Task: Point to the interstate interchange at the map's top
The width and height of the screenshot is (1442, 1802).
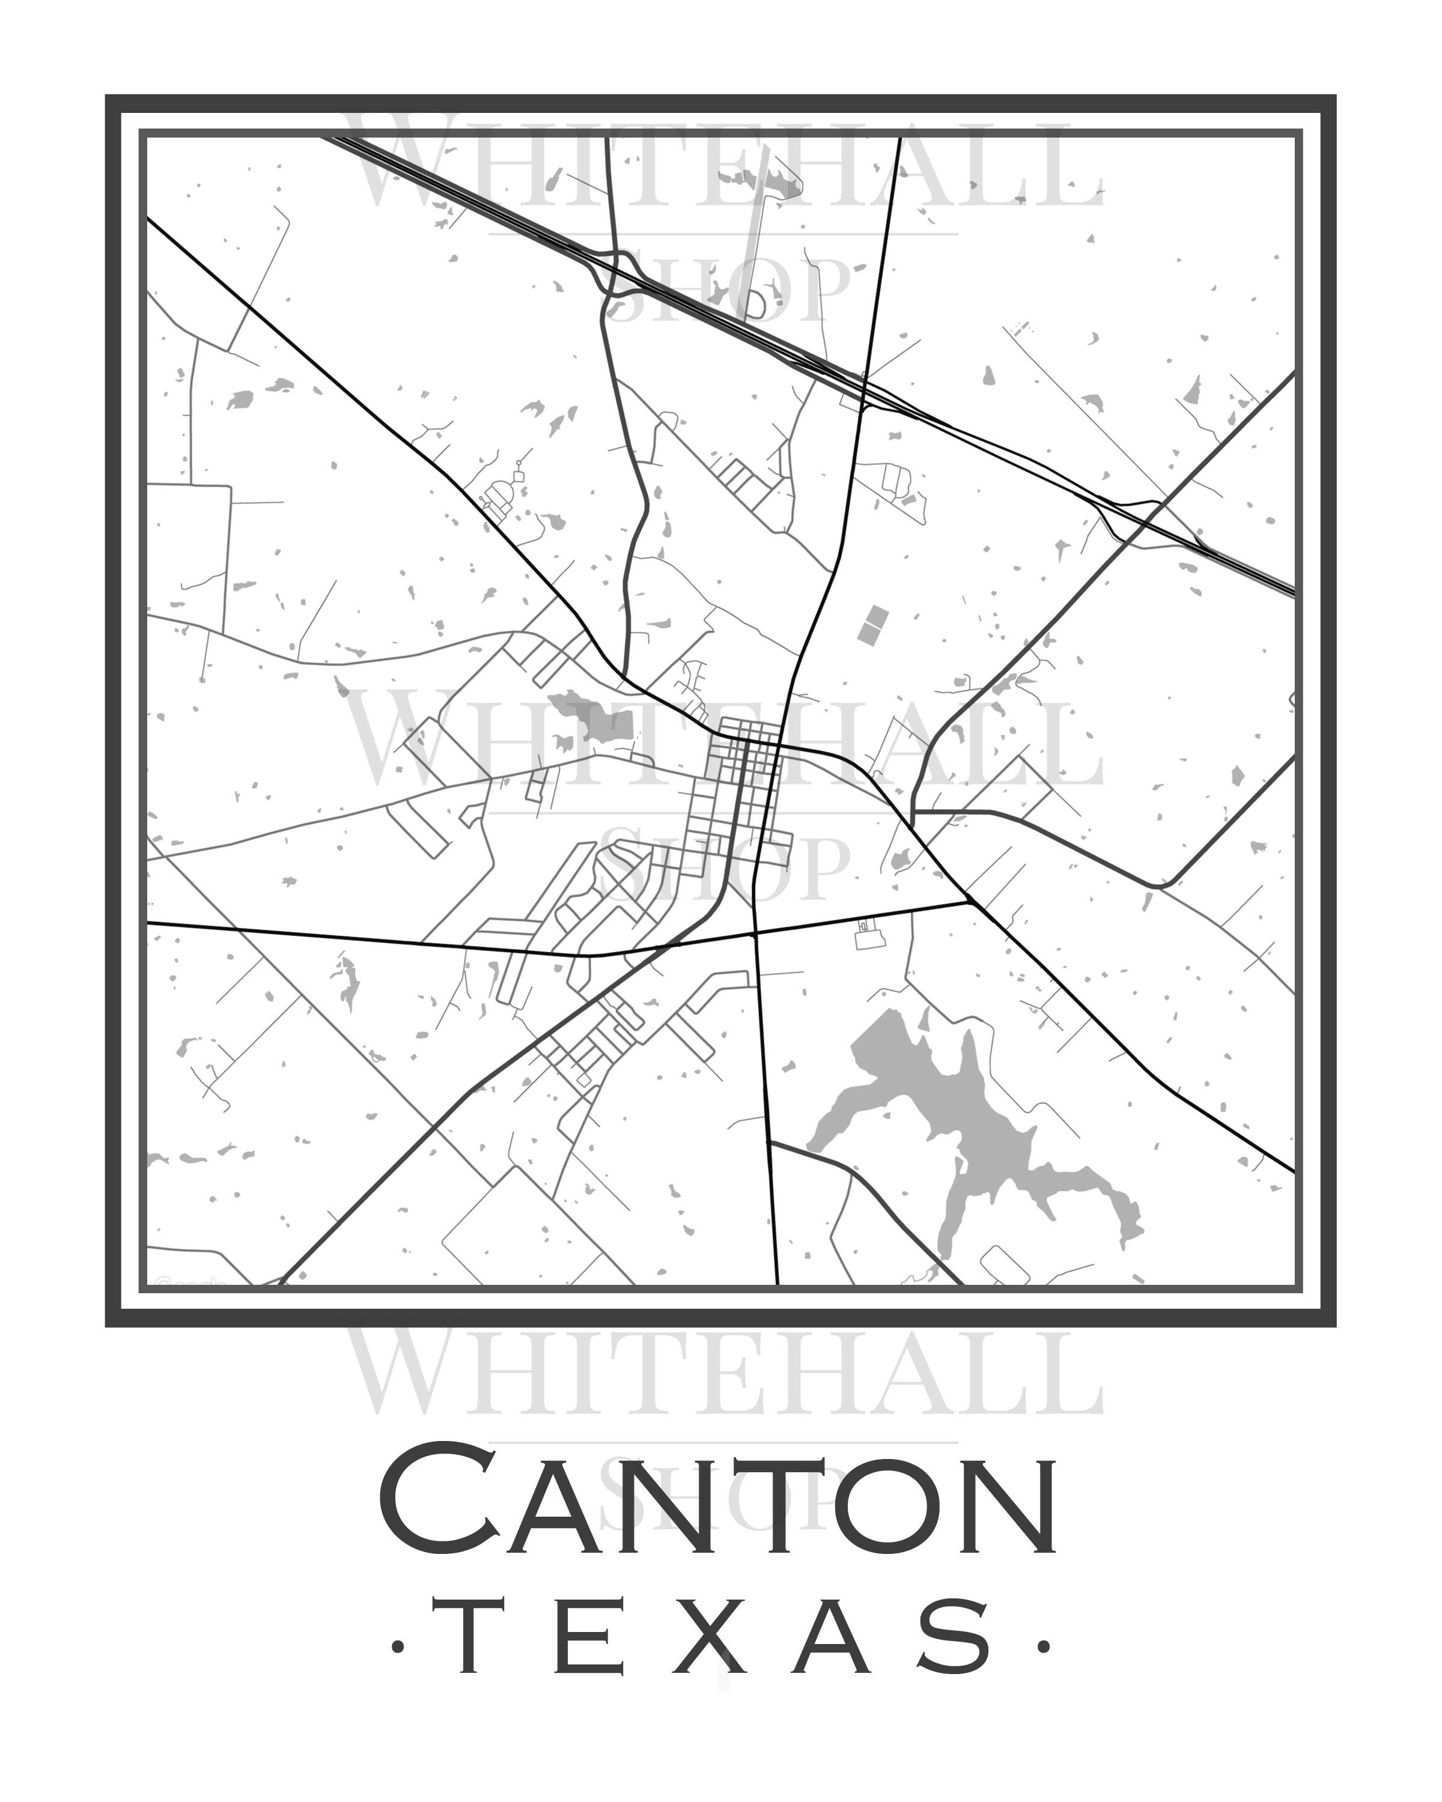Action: (619, 272)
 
